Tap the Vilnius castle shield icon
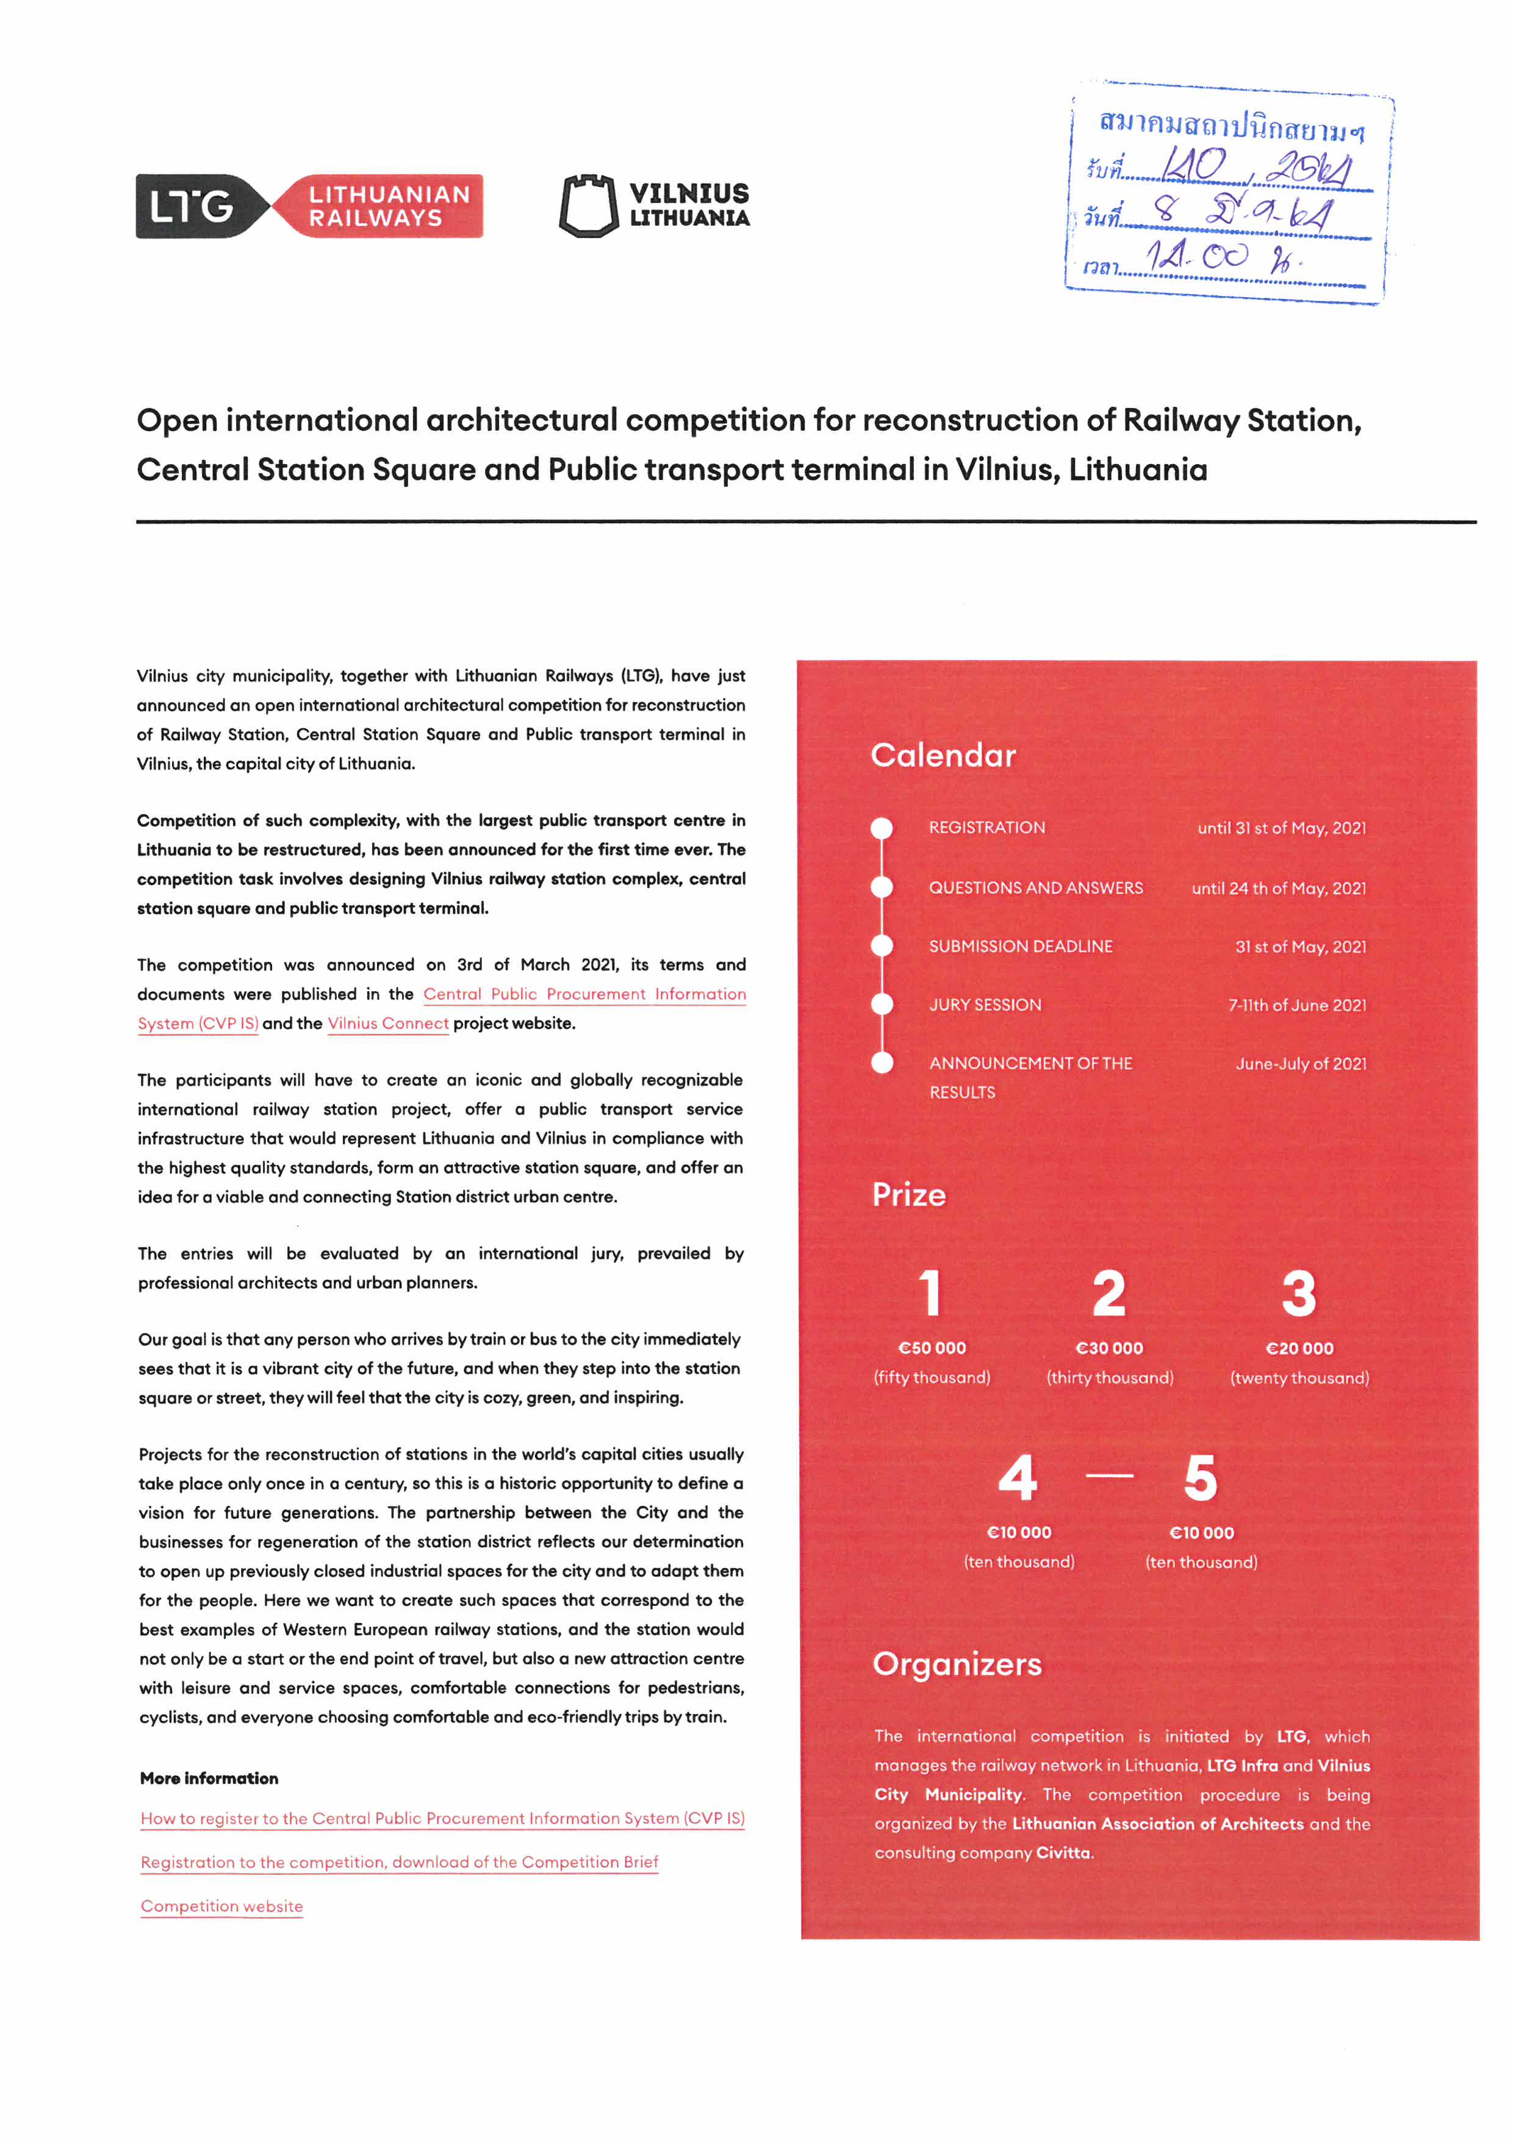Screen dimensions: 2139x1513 pyautogui.click(x=588, y=206)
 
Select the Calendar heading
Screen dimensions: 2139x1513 pyautogui.click(x=943, y=754)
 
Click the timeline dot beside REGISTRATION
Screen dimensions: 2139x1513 pyautogui.click(x=882, y=828)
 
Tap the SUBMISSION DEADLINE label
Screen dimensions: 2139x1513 pyautogui.click(x=1020, y=947)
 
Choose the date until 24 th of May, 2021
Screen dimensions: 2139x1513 pyautogui.click(x=1278, y=889)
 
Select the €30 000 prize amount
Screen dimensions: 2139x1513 pyautogui.click(x=1109, y=1348)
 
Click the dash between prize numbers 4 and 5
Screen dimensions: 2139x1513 pyautogui.click(x=1110, y=1475)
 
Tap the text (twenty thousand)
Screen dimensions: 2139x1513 pyautogui.click(x=1299, y=1378)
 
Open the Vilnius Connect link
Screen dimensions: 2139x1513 pyautogui.click(x=387, y=1024)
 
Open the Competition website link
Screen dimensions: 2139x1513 pyautogui.click(x=221, y=1906)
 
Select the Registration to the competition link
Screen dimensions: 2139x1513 pyautogui.click(x=399, y=1862)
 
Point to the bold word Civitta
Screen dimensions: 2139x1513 pyautogui.click(x=1063, y=1853)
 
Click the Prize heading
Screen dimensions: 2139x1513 pyautogui.click(x=908, y=1195)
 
